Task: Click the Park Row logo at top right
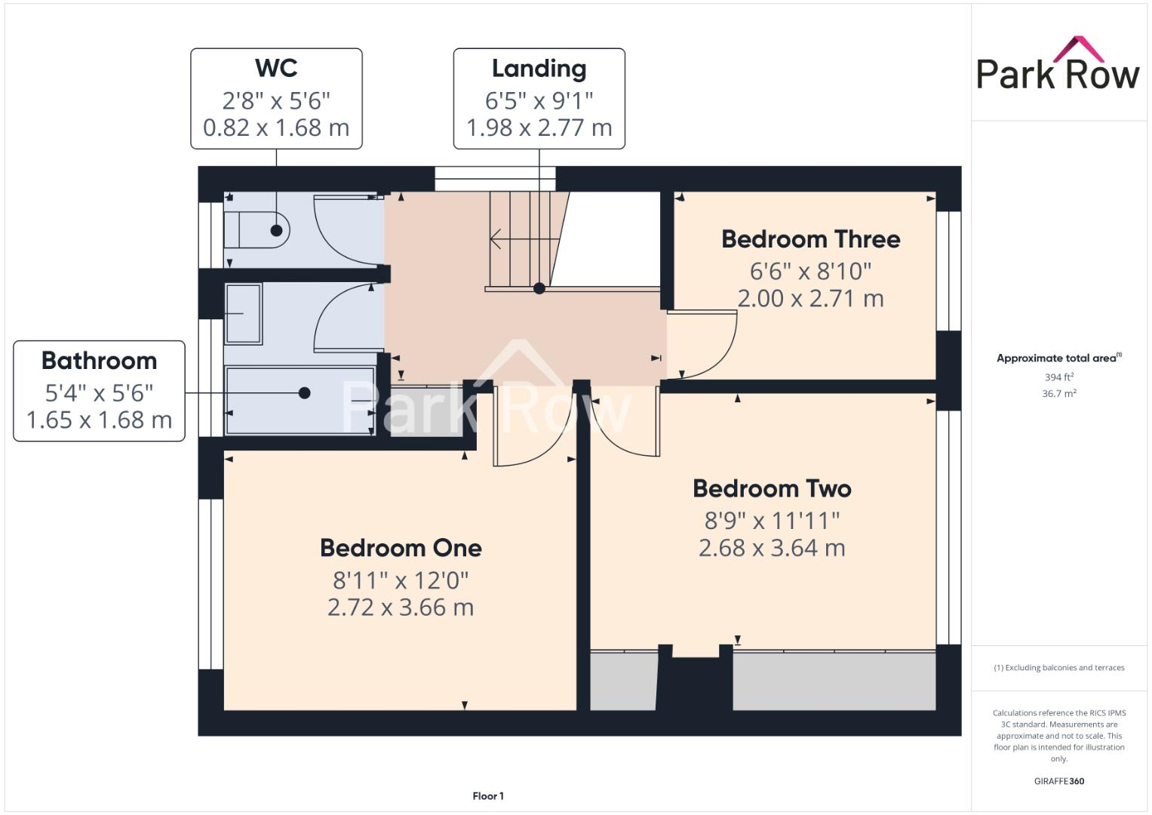pyautogui.click(x=1058, y=65)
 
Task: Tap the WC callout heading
pyautogui.click(x=276, y=68)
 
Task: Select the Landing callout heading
pyautogui.click(x=539, y=69)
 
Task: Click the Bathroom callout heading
pyautogui.click(x=99, y=361)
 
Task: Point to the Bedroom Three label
pyautogui.click(x=810, y=239)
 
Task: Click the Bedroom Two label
pyautogui.click(x=772, y=489)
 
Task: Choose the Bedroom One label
pyautogui.click(x=401, y=548)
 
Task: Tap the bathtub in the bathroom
pyautogui.click(x=300, y=401)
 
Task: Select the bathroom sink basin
pyautogui.click(x=243, y=313)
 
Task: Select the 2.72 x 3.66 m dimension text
pyautogui.click(x=401, y=607)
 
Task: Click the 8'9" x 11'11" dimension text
pyautogui.click(x=772, y=521)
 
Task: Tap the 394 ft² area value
pyautogui.click(x=1058, y=377)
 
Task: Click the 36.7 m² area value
pyautogui.click(x=1058, y=393)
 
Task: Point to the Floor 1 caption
pyautogui.click(x=488, y=796)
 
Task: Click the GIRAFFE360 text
pyautogui.click(x=1058, y=781)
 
